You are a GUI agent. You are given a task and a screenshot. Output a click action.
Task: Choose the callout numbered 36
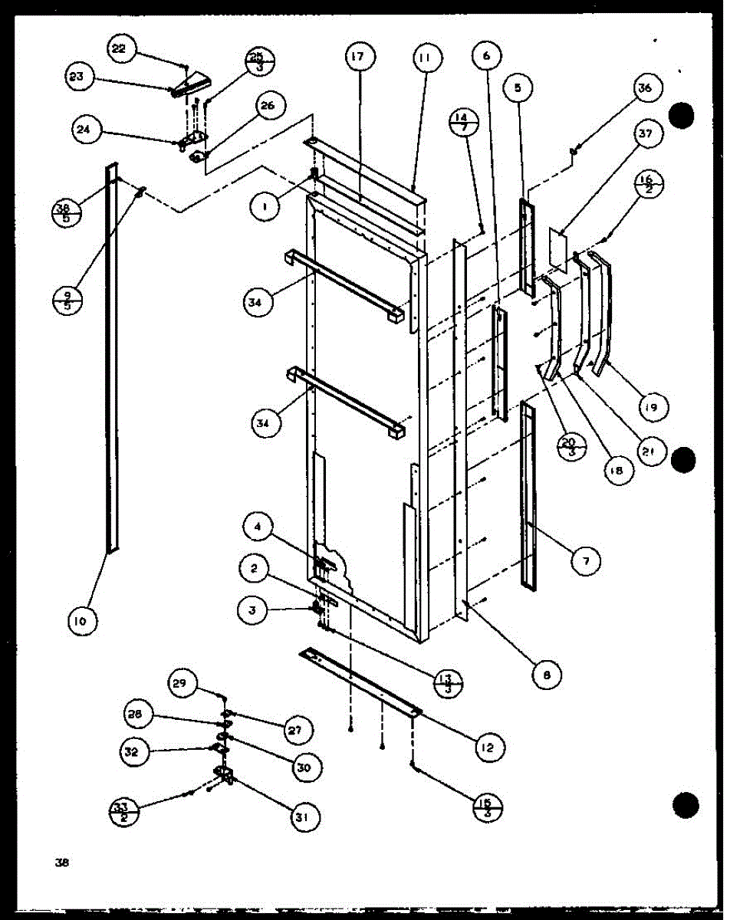(x=644, y=89)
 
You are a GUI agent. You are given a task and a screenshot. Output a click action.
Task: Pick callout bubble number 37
(x=644, y=135)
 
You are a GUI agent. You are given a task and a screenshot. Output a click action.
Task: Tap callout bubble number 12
(x=488, y=746)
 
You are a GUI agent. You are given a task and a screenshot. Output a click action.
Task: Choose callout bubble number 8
(x=546, y=674)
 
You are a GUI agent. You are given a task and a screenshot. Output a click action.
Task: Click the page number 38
(x=62, y=862)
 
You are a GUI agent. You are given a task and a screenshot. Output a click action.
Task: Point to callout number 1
(x=265, y=205)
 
